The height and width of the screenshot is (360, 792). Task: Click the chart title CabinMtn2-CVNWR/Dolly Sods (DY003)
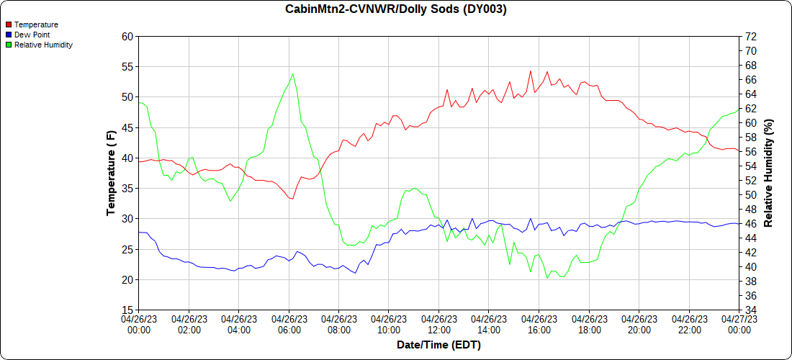(395, 9)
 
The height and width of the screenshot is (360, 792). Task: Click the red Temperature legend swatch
(8, 24)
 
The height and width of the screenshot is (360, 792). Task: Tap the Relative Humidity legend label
(43, 45)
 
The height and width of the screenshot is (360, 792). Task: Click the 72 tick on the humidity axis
(750, 36)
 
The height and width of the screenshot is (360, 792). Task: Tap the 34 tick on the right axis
(750, 310)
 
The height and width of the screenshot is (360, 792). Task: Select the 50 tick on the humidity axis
(750, 194)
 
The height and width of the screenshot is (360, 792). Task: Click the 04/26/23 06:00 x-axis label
(289, 324)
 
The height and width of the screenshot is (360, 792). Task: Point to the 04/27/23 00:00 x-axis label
(739, 324)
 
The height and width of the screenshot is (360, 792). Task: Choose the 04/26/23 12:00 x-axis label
(438, 324)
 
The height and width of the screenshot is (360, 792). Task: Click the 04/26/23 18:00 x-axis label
(589, 324)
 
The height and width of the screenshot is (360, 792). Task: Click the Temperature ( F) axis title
(111, 173)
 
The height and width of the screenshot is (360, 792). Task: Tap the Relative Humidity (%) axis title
(768, 173)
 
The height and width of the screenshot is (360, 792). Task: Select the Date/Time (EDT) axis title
(438, 345)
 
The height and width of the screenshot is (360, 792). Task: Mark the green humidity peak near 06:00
(292, 73)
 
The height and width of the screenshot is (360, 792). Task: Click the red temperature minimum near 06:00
(292, 199)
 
